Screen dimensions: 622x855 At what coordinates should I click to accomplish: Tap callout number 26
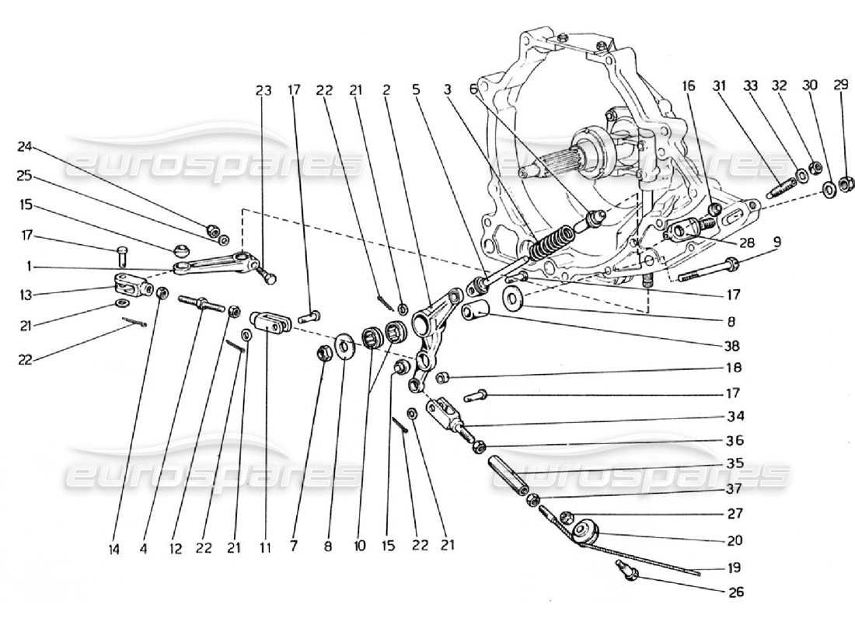tap(735, 592)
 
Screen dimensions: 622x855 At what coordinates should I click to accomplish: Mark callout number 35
tap(735, 463)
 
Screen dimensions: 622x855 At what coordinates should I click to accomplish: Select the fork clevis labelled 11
tap(270, 320)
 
